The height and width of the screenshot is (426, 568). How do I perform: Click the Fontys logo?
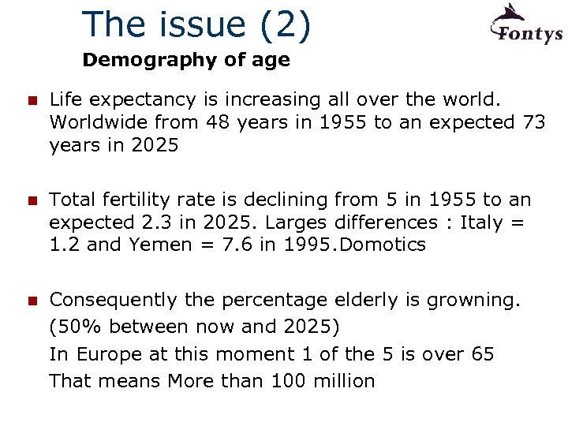coord(525,25)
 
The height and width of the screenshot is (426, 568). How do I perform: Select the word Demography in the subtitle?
coord(137,60)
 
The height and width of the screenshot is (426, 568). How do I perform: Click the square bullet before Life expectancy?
coord(32,101)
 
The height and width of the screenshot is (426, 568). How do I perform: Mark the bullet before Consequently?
coord(32,301)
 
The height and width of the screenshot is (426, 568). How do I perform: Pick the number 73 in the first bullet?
coord(532,122)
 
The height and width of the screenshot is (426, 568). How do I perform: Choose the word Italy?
coord(484,222)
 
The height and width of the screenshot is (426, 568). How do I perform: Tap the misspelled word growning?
coord(473,301)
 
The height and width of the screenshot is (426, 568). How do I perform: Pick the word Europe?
coord(106,354)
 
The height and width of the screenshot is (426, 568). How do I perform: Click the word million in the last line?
coord(343,381)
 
